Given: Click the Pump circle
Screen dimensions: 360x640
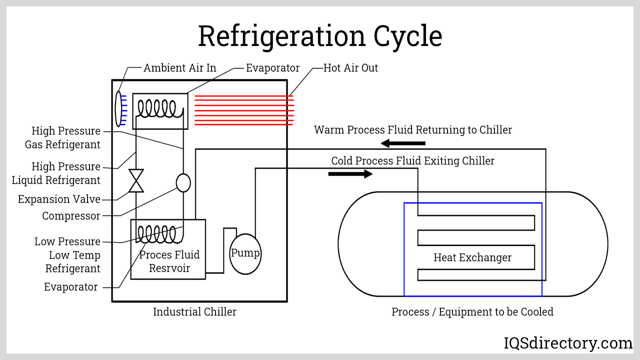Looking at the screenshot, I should (245, 254).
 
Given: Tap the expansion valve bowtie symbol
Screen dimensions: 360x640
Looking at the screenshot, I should (136, 181).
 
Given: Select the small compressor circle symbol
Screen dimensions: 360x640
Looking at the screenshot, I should (183, 183).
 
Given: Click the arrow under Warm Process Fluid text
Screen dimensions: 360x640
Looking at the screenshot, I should (403, 143).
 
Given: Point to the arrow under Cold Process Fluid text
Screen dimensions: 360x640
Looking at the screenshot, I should (350, 174).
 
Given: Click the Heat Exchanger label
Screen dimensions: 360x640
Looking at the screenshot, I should (472, 258).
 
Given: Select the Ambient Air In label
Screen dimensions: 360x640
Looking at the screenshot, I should (180, 68).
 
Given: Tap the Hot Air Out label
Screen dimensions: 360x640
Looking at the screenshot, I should (350, 68).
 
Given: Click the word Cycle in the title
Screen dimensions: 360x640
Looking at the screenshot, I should (408, 36).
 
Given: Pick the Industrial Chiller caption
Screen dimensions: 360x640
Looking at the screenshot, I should (194, 312).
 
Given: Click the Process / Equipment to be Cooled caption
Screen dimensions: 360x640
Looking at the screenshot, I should (472, 312).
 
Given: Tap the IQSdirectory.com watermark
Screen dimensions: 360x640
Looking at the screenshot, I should (568, 343).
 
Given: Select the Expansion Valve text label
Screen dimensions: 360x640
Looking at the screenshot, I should (59, 199).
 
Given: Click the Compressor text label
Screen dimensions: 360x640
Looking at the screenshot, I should (71, 216).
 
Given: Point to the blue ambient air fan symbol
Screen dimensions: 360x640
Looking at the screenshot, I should (120, 109).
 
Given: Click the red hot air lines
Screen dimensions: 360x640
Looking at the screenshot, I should (244, 110).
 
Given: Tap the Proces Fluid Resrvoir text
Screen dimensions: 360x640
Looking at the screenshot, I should (169, 262).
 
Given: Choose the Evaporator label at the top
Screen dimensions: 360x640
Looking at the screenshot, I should (273, 68).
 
